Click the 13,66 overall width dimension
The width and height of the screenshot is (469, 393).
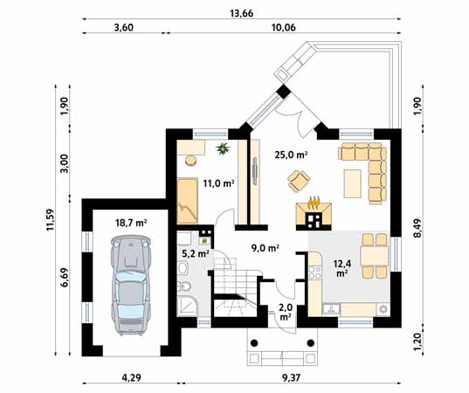click(x=241, y=13)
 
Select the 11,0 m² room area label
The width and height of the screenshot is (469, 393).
click(x=218, y=183)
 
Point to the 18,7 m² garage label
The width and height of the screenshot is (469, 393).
click(x=131, y=223)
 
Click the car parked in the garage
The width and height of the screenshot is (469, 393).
click(x=131, y=285)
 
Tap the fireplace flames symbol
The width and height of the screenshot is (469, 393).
click(x=314, y=203)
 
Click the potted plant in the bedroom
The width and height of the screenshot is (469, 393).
click(x=223, y=148)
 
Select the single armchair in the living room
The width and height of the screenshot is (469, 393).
click(x=298, y=181)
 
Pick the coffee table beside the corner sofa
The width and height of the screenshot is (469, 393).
click(x=352, y=183)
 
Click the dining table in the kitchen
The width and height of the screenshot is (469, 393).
click(x=374, y=256)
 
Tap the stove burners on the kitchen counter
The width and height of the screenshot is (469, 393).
click(x=315, y=272)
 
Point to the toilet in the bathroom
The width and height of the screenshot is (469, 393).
click(x=183, y=287)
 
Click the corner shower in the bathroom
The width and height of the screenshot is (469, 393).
click(x=187, y=307)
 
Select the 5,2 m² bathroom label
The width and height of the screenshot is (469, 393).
click(x=196, y=254)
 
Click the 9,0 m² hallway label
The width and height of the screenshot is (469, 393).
click(x=266, y=248)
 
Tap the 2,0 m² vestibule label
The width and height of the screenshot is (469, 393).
click(x=286, y=312)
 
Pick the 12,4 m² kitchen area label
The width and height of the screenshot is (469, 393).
click(x=342, y=268)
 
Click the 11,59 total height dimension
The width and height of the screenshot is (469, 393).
click(x=50, y=219)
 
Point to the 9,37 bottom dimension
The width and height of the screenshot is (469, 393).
click(x=291, y=378)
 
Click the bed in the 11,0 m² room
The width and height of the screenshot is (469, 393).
click(x=188, y=201)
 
